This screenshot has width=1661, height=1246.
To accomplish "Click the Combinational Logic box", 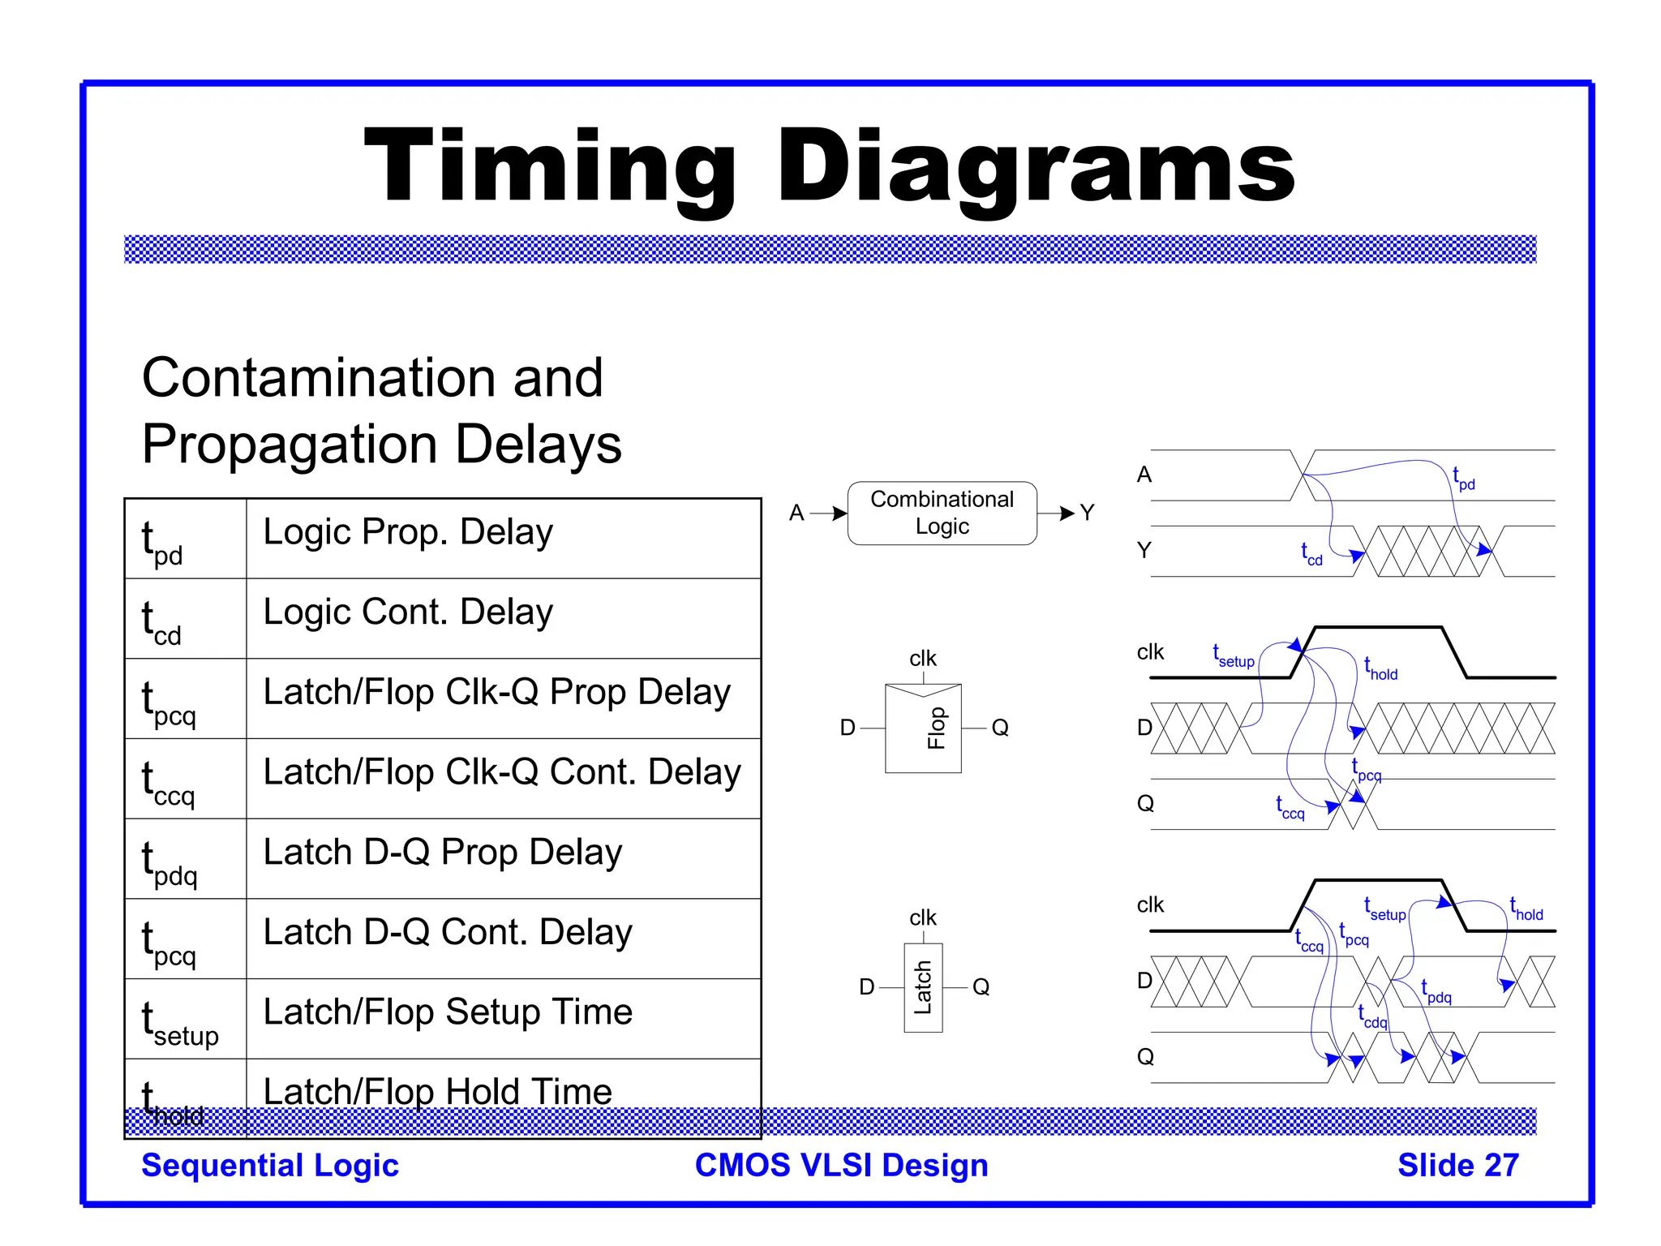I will coord(942,513).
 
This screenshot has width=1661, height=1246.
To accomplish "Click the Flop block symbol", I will coord(923,728).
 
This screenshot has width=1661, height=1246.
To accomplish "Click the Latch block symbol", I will coord(923,987).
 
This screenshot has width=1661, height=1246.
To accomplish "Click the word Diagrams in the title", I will coord(1035,167).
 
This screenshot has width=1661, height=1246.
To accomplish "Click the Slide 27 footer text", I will coord(1457,1165).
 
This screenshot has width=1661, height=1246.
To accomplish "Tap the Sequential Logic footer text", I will coord(270,1165).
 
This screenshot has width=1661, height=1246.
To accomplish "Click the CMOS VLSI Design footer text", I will coord(841,1165).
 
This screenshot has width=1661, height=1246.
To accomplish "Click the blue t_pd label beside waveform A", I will coord(1463,479).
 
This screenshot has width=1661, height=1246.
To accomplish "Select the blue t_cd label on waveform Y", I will coord(1311,554).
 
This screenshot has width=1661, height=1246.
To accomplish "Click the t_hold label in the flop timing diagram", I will coord(1380,669).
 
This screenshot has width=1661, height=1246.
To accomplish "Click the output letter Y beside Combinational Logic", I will coord(1087,513).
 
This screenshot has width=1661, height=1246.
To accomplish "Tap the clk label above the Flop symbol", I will coord(923,658).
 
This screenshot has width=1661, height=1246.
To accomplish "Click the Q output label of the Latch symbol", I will coord(981,987).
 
